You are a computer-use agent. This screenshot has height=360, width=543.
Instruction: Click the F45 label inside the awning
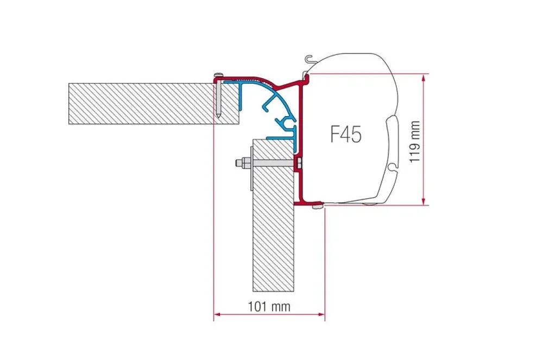coord(346,134)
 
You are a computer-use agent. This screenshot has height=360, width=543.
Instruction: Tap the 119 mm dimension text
coord(414,142)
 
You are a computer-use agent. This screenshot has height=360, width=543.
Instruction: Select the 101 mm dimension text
coord(269,306)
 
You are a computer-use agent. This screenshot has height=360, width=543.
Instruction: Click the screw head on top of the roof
coord(219,74)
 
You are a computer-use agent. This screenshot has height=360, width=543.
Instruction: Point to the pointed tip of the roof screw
coord(219,116)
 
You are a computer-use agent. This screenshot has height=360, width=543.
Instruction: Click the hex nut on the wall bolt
coord(245,163)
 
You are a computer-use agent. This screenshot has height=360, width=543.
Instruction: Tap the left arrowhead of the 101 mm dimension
coord(217,314)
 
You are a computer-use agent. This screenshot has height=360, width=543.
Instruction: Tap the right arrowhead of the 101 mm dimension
coord(321,314)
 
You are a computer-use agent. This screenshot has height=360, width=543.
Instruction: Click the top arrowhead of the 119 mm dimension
coord(424,78)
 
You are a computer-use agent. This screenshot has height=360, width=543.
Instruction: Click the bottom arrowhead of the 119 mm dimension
coord(424,201)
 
